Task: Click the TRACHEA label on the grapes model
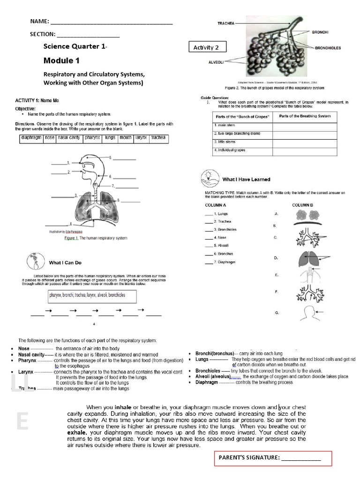[226, 22]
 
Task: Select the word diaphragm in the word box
[31, 138]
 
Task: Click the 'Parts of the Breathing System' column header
[305, 116]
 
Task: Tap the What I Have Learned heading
[246, 179]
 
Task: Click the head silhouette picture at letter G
[307, 312]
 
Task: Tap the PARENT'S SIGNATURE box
[273, 458]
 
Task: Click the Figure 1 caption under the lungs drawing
[96, 238]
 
